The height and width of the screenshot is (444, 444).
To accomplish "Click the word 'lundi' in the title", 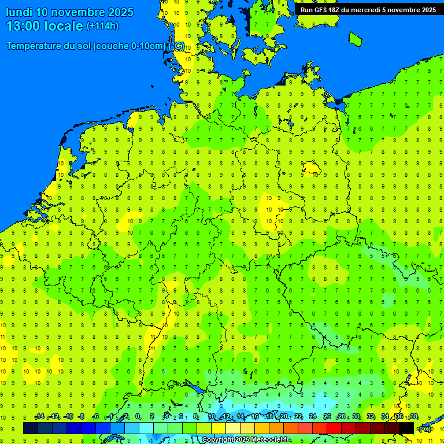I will (x=19, y=12).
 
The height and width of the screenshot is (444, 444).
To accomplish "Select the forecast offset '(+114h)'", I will (x=102, y=26).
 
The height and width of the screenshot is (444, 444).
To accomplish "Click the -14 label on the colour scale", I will (x=39, y=417).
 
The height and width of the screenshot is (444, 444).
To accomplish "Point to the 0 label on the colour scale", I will (x=138, y=417).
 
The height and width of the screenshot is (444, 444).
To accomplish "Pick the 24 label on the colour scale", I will (x=313, y=417).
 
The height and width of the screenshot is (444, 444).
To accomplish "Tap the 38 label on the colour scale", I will (x=414, y=417).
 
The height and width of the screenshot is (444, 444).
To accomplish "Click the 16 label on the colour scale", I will (x=255, y=417).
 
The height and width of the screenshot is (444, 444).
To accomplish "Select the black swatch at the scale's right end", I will (x=406, y=428).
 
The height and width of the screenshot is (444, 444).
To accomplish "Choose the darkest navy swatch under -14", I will (x=31, y=428).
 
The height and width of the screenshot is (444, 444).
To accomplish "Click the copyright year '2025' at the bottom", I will (x=237, y=440).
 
